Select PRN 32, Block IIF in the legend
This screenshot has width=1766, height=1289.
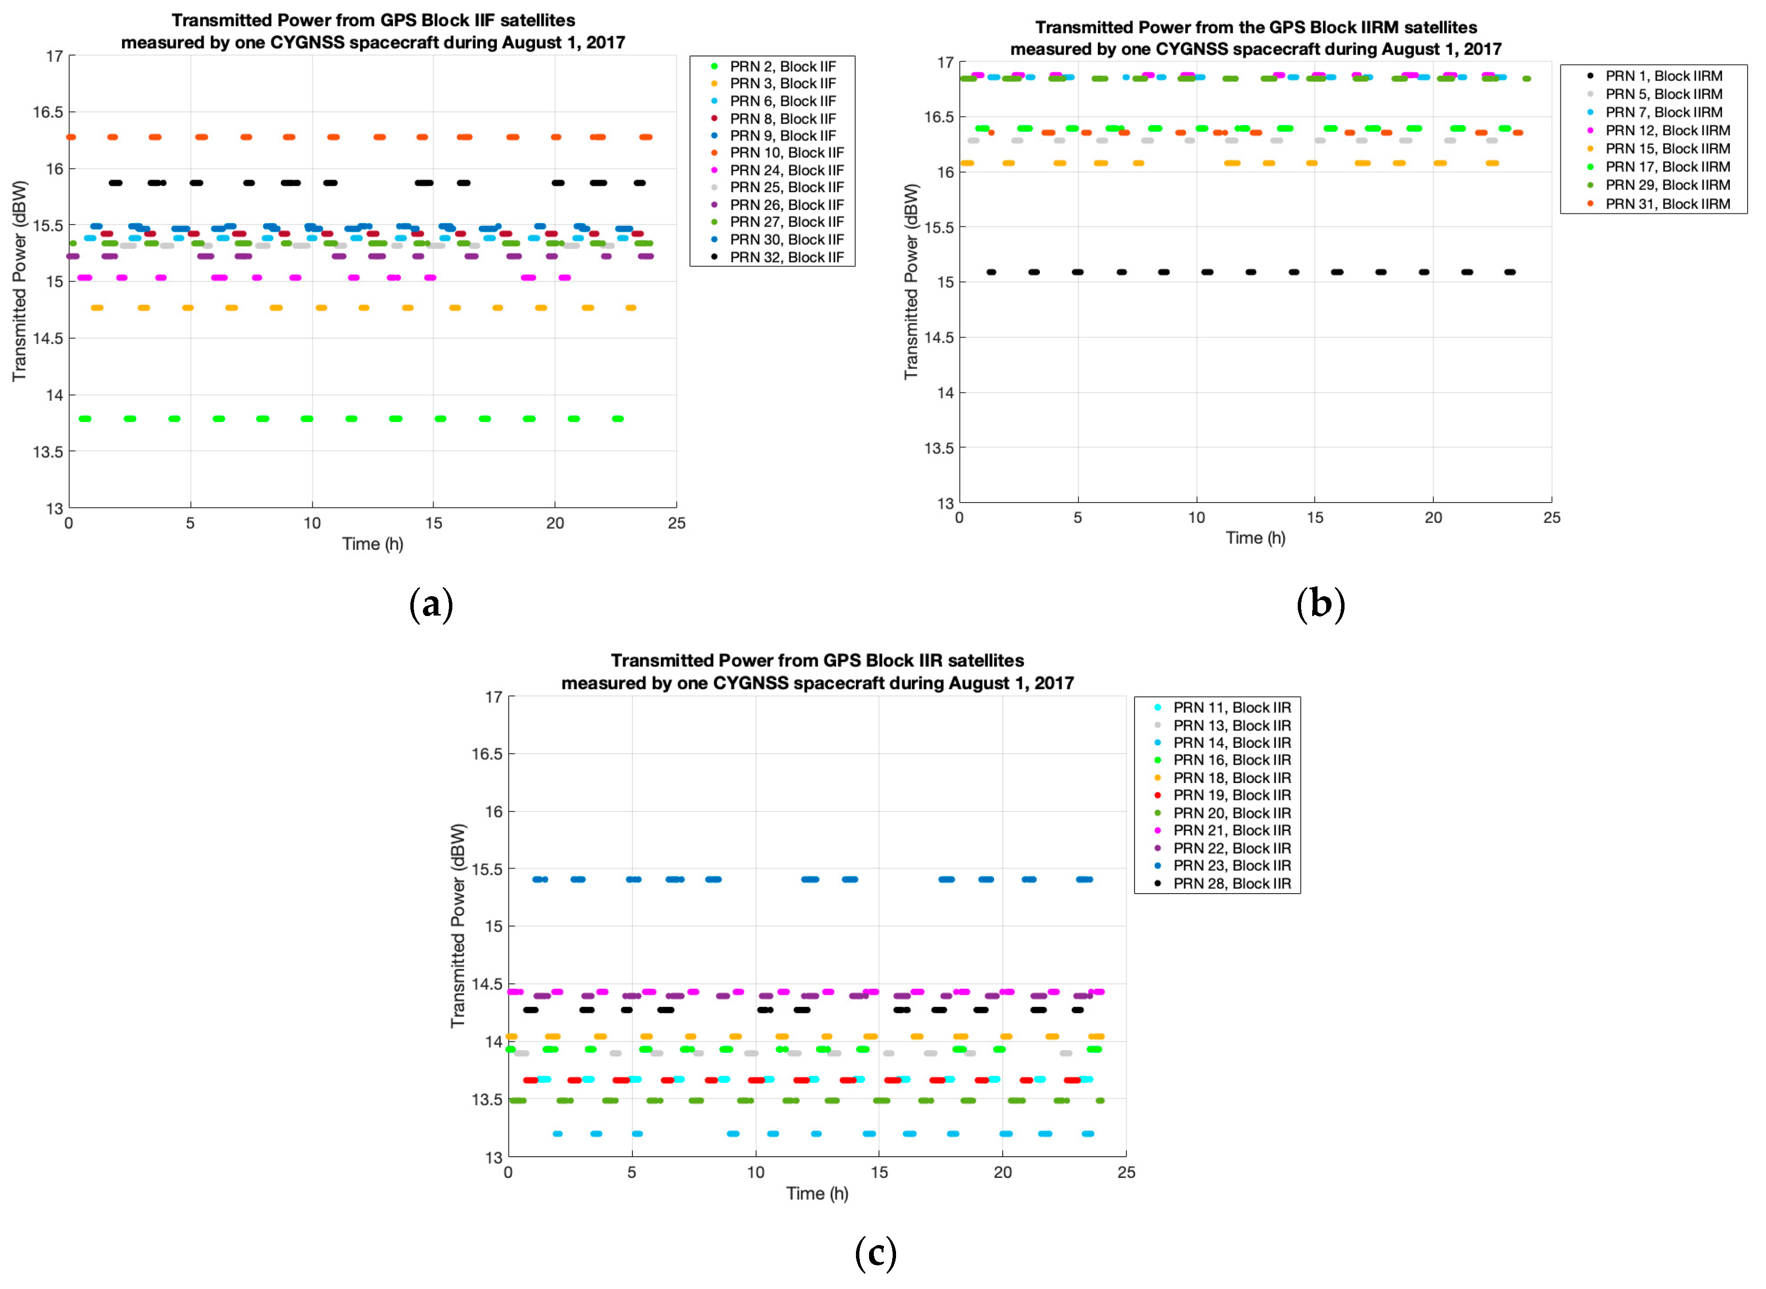coord(786,257)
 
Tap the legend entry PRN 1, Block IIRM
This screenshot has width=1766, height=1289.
coord(1663,76)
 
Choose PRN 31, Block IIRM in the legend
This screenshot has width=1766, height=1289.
coord(1667,204)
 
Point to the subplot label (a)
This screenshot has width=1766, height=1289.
coord(431,605)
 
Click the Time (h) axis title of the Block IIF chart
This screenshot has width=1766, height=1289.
coord(372,544)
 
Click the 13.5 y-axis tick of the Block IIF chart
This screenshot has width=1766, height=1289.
coord(48,452)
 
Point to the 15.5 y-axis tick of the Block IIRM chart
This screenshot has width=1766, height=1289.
coord(939,227)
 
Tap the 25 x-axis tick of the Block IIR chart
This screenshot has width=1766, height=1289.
coord(1126,1172)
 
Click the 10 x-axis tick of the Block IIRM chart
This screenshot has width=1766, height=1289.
coord(1196,518)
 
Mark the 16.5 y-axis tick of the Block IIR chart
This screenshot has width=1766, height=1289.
coord(487,754)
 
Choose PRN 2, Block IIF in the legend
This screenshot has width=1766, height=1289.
coord(782,66)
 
